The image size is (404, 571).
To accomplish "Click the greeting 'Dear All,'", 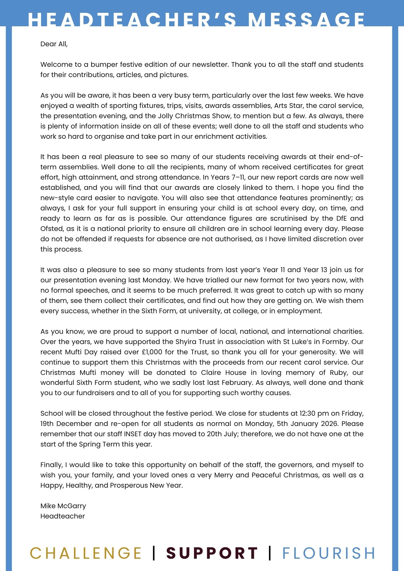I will pyautogui.click(x=54, y=44).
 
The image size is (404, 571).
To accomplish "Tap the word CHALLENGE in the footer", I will pyautogui.click(x=86, y=553).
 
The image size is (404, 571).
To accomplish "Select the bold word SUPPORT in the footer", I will pyautogui.click(x=212, y=553).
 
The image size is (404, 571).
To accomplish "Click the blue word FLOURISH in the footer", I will pyautogui.click(x=329, y=553).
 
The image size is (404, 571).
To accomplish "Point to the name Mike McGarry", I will pyautogui.click(x=63, y=506).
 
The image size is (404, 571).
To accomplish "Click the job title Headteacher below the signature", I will pyautogui.click(x=63, y=516).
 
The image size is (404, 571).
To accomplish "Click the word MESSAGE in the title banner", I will pyautogui.click(x=306, y=20).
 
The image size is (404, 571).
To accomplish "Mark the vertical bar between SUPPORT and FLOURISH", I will pyautogui.click(x=270, y=553).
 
